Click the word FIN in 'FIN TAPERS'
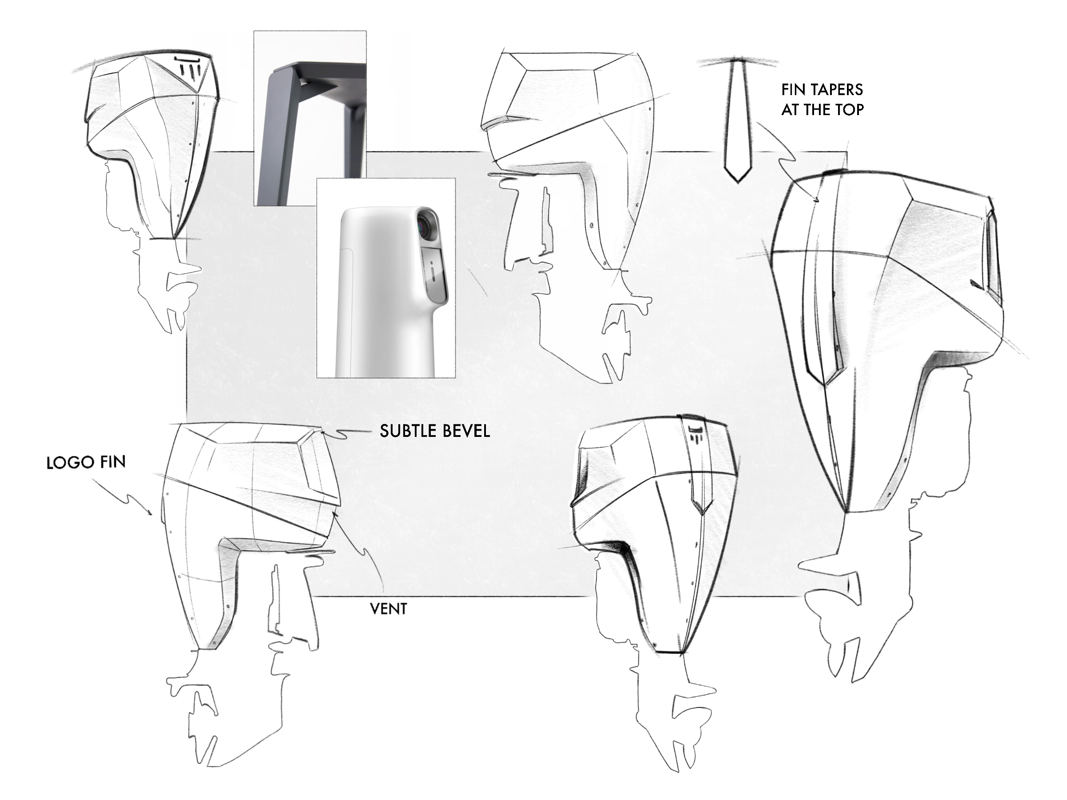tap(792, 90)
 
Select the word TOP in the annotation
tap(847, 110)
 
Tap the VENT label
tap(388, 609)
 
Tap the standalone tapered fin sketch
tap(737, 120)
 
